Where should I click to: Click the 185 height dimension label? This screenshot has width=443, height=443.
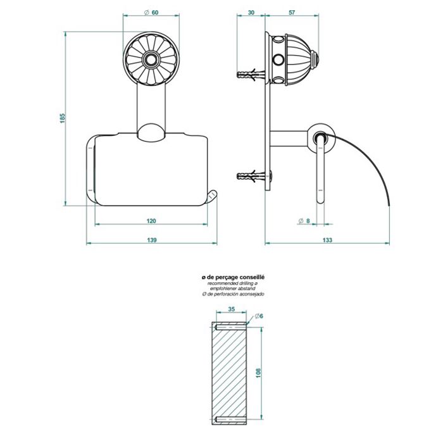[63, 118]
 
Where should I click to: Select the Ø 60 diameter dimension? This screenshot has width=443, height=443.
[151, 13]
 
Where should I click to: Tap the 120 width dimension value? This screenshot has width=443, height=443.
[151, 221]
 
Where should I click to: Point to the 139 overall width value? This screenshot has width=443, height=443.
[152, 240]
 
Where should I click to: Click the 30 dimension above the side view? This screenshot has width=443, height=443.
[251, 13]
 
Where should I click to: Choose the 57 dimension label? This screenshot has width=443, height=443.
[292, 13]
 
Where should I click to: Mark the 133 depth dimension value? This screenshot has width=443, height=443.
[327, 240]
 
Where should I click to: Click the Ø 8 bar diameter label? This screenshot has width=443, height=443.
[304, 221]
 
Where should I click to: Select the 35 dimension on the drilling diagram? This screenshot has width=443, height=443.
[232, 309]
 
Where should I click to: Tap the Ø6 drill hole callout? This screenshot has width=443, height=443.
[259, 316]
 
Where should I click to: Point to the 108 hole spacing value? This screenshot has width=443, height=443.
[258, 373]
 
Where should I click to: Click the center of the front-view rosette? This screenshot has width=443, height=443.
[151, 59]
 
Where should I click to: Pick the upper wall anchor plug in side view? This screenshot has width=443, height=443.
[251, 74]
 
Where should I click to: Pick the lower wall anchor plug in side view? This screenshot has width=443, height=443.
[251, 176]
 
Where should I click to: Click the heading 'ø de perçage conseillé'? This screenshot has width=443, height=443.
[233, 277]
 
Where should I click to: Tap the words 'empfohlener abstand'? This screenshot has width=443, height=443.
[233, 289]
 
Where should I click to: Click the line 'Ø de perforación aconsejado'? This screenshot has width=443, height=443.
[233, 294]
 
